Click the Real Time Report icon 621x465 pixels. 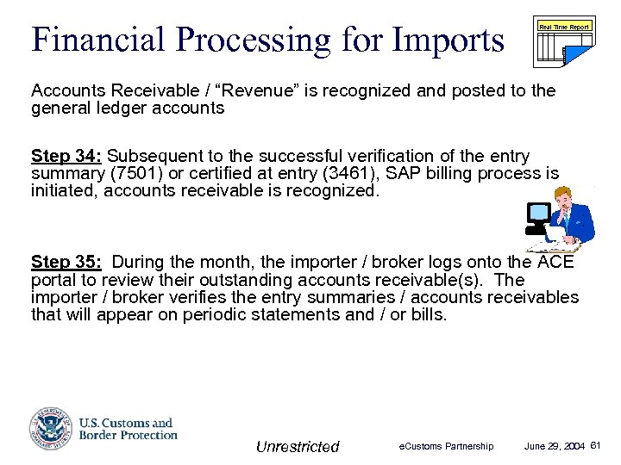564,41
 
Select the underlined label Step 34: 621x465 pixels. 66,156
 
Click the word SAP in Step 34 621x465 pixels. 421,173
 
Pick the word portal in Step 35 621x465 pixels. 53,280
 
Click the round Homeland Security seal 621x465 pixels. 51,428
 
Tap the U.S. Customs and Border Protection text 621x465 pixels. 128,428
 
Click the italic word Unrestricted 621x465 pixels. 298,446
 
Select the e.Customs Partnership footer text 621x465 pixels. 446,446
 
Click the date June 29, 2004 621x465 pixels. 555,446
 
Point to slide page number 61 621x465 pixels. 596,445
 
